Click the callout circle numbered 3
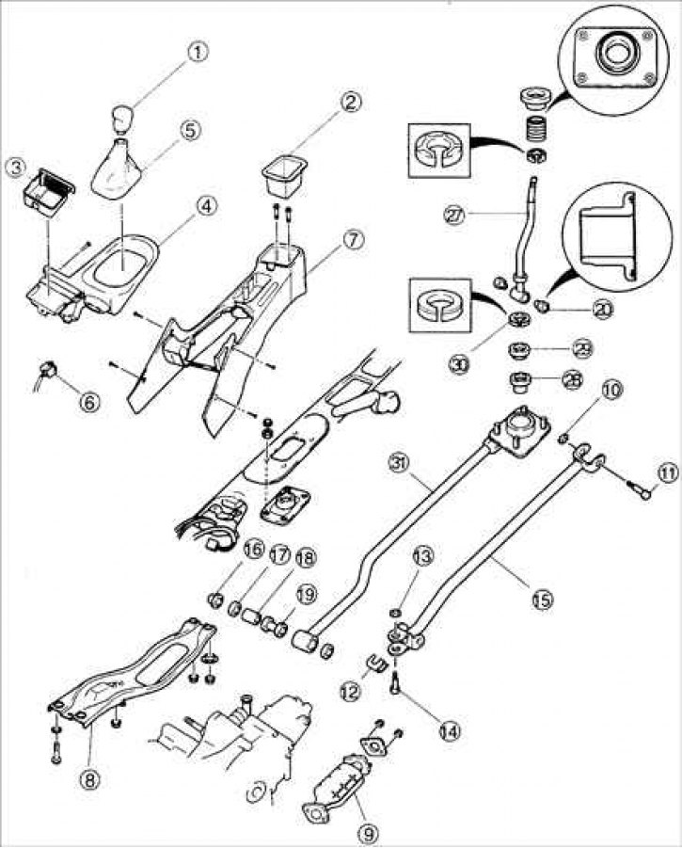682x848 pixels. click(x=15, y=168)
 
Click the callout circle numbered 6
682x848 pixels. click(x=87, y=402)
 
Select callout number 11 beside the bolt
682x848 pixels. click(x=667, y=473)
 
